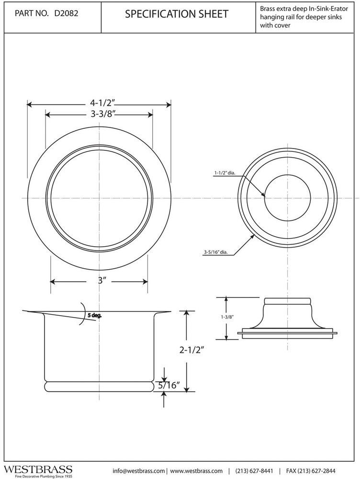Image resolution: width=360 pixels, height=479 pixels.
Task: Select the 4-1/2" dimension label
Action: coord(99,103)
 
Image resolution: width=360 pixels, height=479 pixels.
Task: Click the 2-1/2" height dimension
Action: coord(193,350)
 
